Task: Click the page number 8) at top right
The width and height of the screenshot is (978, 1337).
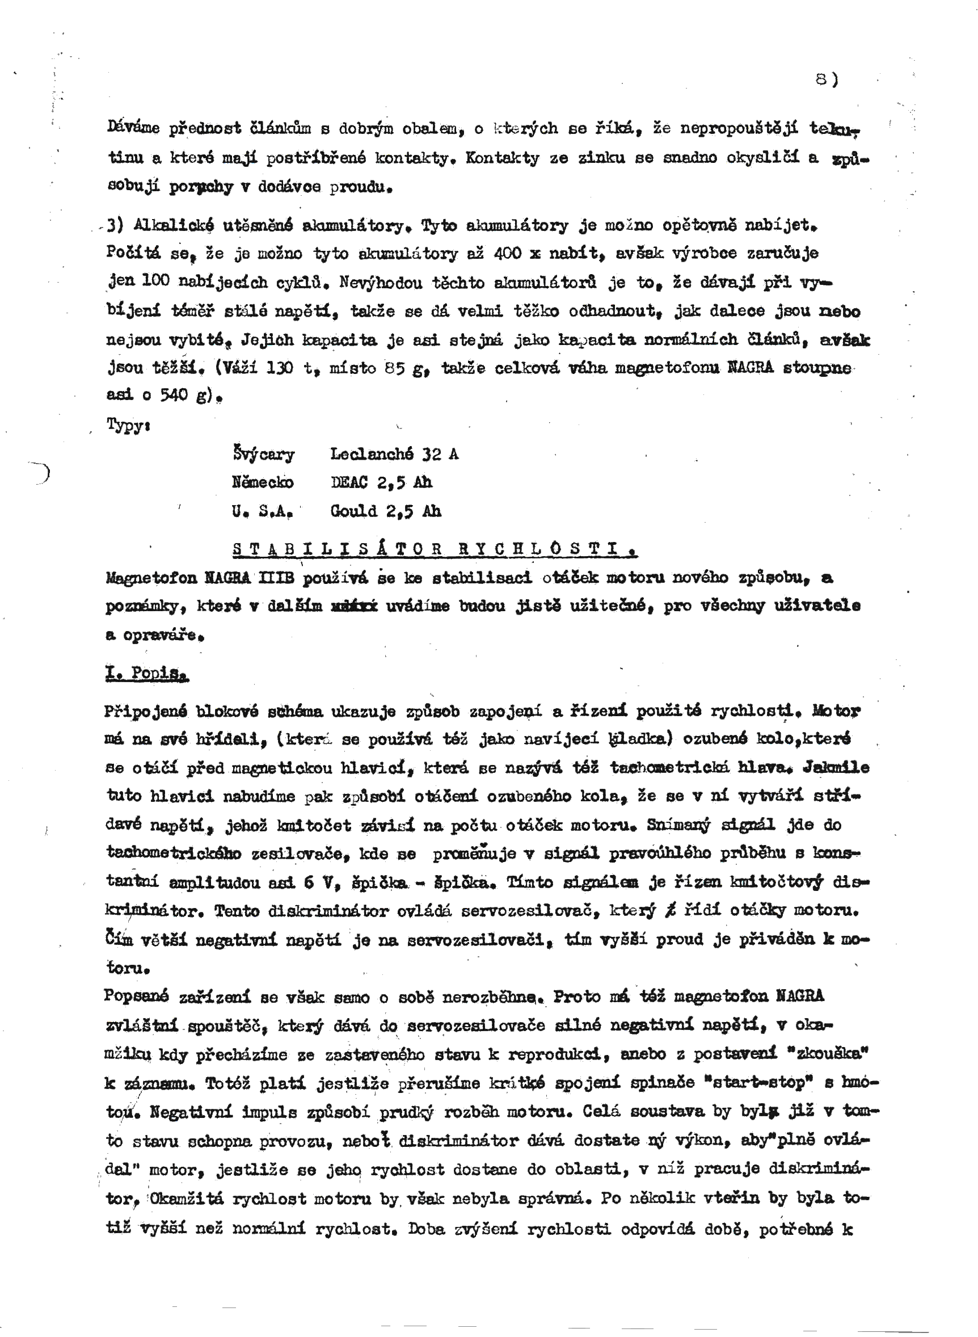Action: click(827, 79)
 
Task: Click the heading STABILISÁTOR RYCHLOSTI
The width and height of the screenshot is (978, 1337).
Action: click(435, 549)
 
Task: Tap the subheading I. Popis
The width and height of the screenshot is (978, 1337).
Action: click(147, 673)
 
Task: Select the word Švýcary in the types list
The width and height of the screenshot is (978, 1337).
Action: click(263, 454)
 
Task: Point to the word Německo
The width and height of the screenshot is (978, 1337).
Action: click(262, 482)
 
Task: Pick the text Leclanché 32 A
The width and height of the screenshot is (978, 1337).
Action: click(394, 454)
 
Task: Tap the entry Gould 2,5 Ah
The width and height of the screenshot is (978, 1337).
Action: click(385, 510)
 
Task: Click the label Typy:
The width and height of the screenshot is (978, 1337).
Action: click(128, 424)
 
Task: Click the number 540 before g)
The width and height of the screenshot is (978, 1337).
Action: click(175, 395)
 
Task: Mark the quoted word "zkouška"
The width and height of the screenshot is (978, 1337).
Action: click(833, 1054)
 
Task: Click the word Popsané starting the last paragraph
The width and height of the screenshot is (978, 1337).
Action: click(137, 996)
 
